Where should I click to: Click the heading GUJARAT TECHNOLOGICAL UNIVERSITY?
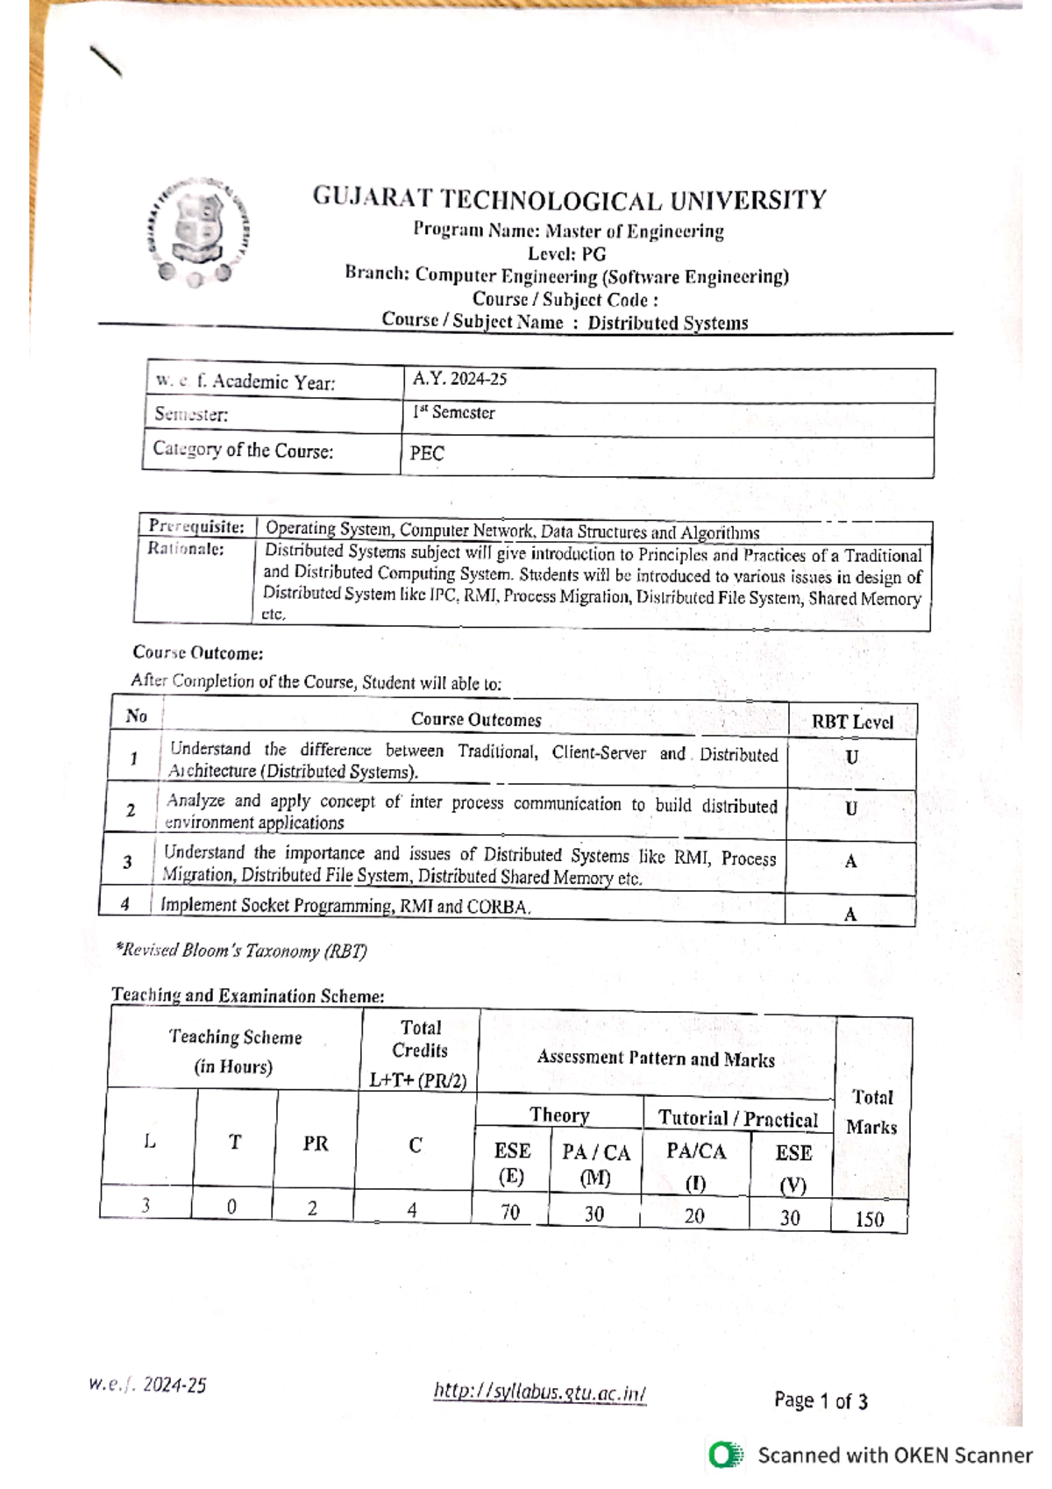pyautogui.click(x=569, y=200)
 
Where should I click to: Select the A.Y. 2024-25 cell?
pyautogui.click(x=460, y=379)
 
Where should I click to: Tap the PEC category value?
pyautogui.click(x=427, y=453)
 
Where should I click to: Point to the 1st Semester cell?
pyautogui.click(x=454, y=413)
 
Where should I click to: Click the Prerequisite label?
pyautogui.click(x=196, y=526)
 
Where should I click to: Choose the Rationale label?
pyautogui.click(x=185, y=549)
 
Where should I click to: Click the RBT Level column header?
pyautogui.click(x=851, y=722)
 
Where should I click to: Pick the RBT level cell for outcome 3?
pyautogui.click(x=849, y=862)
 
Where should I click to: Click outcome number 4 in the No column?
pyautogui.click(x=125, y=903)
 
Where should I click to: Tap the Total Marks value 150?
pyautogui.click(x=869, y=1219)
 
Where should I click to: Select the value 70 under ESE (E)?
pyautogui.click(x=510, y=1212)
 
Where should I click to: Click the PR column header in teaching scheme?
pyautogui.click(x=316, y=1143)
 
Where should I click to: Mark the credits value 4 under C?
pyautogui.click(x=412, y=1210)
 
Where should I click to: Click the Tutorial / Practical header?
pyautogui.click(x=738, y=1119)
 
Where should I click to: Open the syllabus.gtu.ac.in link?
pyautogui.click(x=540, y=1393)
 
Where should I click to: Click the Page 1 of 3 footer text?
pyautogui.click(x=821, y=1400)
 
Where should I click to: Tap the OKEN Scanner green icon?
pyautogui.click(x=725, y=1455)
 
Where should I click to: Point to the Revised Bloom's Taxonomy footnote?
pyautogui.click(x=241, y=951)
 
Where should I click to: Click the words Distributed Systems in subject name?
pyautogui.click(x=667, y=323)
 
